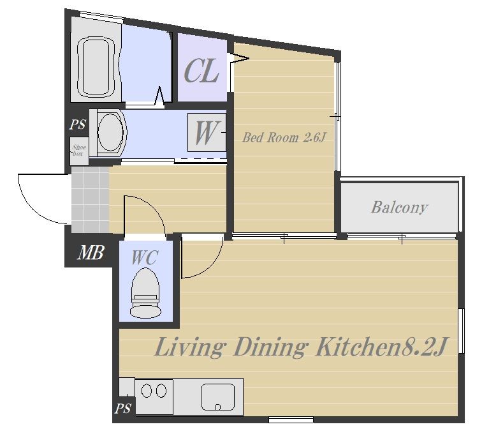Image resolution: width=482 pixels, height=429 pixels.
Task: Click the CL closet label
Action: [x=201, y=71]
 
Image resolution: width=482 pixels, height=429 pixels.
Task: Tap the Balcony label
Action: [x=399, y=207]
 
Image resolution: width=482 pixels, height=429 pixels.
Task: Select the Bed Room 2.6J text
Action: [x=284, y=137]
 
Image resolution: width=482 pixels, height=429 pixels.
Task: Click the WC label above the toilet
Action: [x=145, y=257]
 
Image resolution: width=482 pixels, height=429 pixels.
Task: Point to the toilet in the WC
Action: [x=145, y=292]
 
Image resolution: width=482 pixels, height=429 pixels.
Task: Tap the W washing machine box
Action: [x=207, y=132]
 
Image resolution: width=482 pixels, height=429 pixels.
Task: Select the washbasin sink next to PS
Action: [x=110, y=132]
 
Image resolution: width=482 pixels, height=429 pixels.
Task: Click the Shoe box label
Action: [x=79, y=151]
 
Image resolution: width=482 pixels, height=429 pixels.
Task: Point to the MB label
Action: [x=91, y=253]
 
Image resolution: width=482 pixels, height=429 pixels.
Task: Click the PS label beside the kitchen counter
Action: [x=123, y=409]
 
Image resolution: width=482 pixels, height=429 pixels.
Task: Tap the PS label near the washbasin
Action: [x=78, y=124]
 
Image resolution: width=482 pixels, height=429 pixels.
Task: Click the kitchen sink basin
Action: [x=217, y=397]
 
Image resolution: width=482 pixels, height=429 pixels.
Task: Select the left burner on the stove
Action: [x=147, y=391]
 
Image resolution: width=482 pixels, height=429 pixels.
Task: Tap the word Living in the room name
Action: [x=189, y=347]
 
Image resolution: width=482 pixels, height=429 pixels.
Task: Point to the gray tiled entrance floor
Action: [x=90, y=200]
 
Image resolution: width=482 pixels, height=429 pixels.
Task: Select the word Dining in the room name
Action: [x=270, y=347]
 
